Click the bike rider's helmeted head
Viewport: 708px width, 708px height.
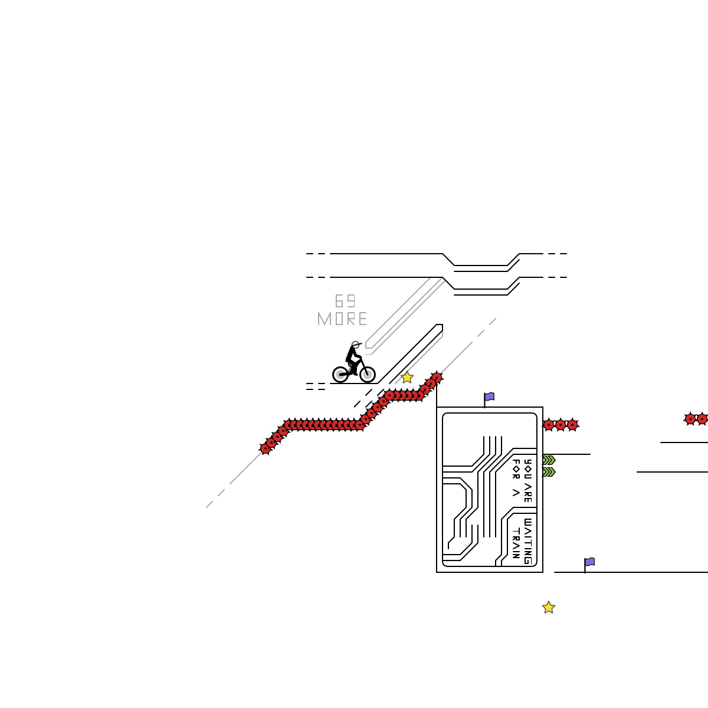click(355, 345)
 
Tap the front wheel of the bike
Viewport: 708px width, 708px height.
click(367, 374)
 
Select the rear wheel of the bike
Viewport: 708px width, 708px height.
click(340, 374)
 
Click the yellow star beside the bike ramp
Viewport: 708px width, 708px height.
click(407, 378)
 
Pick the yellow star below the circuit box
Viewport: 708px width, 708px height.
click(549, 608)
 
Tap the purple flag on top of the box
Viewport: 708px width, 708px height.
click(489, 397)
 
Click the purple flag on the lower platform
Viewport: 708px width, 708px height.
click(589, 562)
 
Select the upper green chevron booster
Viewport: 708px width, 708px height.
click(549, 460)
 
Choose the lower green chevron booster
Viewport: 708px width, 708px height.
click(549, 472)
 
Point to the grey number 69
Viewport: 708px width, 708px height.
click(345, 301)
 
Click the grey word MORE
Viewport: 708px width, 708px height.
click(342, 319)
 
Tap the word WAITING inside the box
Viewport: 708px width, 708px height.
click(527, 541)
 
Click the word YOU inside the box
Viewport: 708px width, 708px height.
click(527, 468)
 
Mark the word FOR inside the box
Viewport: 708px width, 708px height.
click(516, 468)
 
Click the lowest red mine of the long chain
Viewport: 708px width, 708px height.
click(265, 448)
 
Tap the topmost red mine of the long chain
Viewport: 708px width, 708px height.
click(437, 378)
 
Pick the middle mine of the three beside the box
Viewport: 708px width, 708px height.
click(560, 425)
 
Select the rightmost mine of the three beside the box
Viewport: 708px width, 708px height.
click(572, 425)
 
